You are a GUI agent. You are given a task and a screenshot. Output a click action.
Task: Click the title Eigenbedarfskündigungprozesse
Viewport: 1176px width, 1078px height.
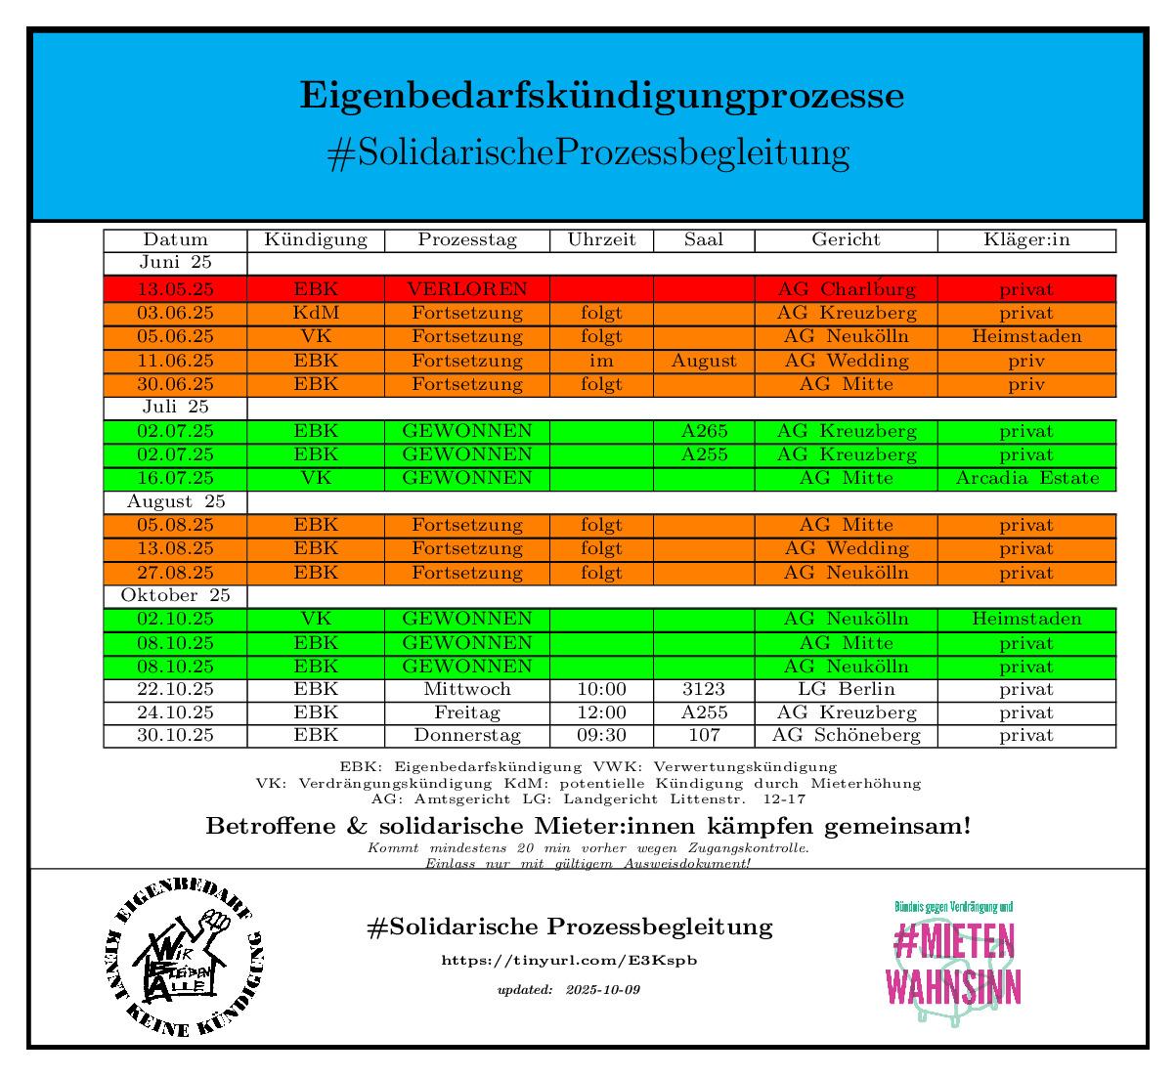(601, 97)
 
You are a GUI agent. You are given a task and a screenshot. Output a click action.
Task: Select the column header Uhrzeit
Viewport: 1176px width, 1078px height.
(601, 239)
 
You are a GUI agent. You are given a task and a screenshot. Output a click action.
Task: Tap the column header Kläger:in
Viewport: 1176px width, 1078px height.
(1026, 239)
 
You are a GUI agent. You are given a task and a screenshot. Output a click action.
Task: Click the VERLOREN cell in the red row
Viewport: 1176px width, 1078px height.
(467, 289)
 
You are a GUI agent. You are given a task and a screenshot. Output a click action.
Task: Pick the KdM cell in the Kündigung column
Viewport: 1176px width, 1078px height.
(316, 313)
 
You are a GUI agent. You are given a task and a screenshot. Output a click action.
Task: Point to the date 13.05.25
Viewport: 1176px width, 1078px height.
(175, 289)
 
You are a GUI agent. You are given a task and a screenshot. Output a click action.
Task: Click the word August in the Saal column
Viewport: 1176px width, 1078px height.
(704, 361)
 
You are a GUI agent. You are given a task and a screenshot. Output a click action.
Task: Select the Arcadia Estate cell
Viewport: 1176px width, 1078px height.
(1026, 478)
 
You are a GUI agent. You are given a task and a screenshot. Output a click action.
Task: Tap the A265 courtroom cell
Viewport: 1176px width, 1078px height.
(704, 431)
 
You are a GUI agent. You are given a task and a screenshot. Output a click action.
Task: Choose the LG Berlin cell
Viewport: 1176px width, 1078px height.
(846, 689)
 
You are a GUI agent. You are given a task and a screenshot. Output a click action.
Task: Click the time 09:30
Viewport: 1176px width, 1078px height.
(601, 735)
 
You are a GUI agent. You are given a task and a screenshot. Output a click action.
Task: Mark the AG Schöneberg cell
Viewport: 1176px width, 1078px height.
(846, 735)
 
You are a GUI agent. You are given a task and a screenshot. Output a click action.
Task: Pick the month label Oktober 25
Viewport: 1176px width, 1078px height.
(175, 595)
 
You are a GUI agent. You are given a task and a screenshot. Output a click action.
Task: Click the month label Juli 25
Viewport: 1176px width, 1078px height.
(175, 407)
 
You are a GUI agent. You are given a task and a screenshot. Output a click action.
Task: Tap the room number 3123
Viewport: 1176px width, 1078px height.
(704, 689)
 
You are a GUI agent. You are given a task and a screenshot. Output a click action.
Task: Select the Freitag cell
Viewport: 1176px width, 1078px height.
(467, 712)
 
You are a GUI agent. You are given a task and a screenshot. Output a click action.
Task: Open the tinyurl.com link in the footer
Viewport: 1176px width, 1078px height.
(569, 961)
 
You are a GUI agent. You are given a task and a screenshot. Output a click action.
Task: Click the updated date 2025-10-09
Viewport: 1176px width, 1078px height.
(602, 990)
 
